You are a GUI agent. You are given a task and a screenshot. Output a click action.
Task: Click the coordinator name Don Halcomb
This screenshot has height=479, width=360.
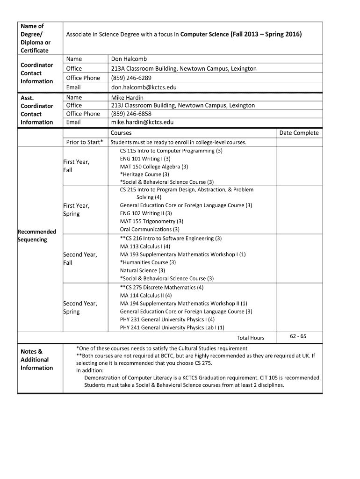[129, 59]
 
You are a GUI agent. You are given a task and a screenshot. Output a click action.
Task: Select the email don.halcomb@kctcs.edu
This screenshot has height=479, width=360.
[144, 87]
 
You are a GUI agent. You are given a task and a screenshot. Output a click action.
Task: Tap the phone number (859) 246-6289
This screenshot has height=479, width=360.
[131, 78]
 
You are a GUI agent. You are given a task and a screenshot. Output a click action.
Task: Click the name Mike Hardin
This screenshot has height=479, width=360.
[127, 98]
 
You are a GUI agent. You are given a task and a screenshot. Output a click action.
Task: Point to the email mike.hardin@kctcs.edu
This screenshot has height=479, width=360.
[142, 122]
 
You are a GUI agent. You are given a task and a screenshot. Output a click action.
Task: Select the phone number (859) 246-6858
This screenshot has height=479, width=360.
[131, 114]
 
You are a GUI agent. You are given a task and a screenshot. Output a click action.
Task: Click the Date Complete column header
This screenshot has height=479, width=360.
[299, 133]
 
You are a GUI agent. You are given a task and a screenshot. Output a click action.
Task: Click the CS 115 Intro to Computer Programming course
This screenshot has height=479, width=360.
[171, 151]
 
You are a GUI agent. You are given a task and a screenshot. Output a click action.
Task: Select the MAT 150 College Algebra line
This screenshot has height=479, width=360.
[154, 167]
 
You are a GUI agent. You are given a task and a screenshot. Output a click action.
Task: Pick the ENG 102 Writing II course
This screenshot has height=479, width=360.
[146, 213]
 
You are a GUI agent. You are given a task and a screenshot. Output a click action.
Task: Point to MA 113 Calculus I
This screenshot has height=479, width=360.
[145, 247]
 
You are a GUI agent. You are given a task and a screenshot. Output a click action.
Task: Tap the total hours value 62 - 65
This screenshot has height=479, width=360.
[298, 336]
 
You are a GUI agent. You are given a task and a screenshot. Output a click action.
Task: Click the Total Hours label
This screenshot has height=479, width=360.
[250, 338]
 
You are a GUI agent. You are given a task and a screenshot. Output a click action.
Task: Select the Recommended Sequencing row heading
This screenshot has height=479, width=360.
[36, 235]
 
